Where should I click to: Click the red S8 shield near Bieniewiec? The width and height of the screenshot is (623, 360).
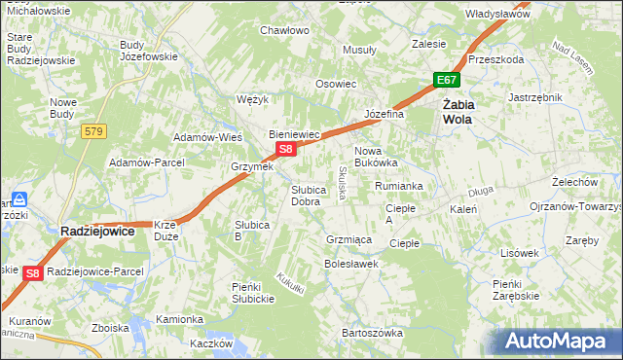pos(285,149)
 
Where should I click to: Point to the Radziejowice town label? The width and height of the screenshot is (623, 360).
pos(97,231)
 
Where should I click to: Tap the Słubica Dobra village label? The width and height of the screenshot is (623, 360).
pos(306,196)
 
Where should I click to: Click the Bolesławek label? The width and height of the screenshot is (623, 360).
pos(350,263)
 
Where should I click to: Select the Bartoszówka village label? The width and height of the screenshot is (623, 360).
pos(372,333)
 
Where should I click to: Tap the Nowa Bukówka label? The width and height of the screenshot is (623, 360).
pos(376,157)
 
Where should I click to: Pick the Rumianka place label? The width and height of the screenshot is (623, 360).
pos(398,185)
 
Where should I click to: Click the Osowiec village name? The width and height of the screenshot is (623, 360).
pos(336,84)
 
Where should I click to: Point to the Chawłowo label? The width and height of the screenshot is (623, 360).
pos(284,30)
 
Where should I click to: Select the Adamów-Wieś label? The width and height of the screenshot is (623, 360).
pos(207,137)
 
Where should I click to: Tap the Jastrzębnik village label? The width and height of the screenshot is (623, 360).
pos(536,97)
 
